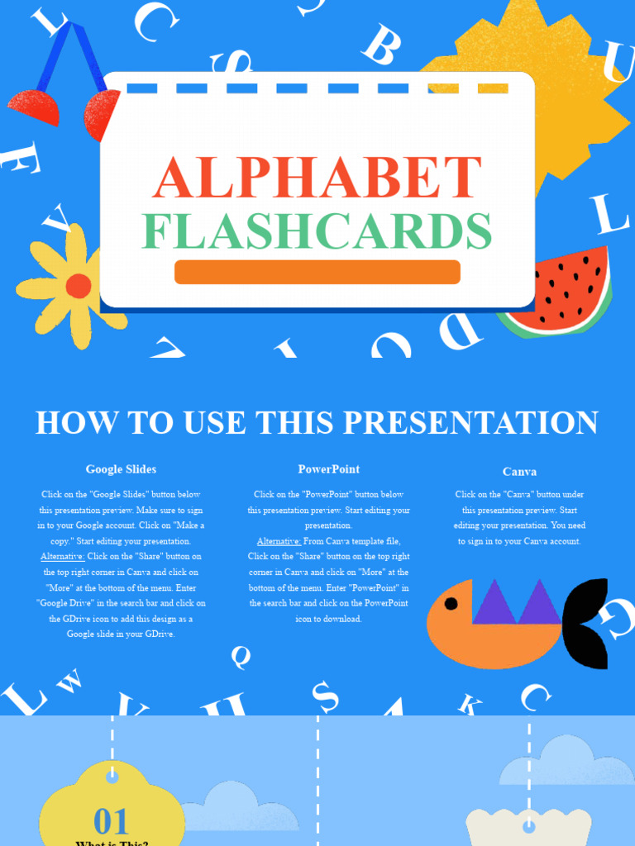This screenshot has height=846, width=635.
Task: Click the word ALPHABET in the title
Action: (317, 177)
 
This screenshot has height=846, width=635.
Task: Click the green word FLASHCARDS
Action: (317, 231)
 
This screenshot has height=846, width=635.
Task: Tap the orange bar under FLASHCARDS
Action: (317, 272)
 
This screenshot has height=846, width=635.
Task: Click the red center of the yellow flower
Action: (79, 286)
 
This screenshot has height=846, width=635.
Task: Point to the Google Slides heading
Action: (121, 469)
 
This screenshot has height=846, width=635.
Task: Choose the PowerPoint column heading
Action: (329, 469)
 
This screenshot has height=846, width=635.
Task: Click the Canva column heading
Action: (519, 472)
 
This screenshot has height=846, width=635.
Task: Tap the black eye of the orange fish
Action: (451, 603)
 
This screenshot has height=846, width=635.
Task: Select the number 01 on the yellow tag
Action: (111, 822)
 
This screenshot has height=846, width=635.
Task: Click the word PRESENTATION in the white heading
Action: (470, 422)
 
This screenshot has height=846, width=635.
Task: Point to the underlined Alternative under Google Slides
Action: (62, 556)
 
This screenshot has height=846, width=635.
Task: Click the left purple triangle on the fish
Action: (494, 603)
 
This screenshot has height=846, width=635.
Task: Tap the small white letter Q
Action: (241, 657)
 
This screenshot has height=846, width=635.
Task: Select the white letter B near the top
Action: (382, 46)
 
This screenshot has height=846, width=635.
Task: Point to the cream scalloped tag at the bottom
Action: (529, 826)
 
